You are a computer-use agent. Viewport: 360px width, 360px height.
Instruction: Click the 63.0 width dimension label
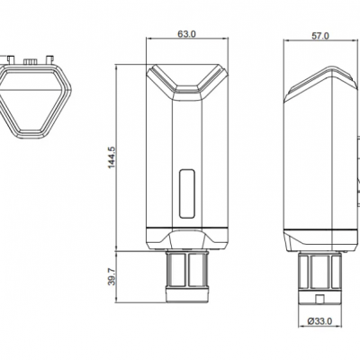186,34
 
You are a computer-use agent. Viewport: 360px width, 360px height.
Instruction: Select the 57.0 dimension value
320,36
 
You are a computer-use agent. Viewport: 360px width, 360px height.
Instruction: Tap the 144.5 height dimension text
112,157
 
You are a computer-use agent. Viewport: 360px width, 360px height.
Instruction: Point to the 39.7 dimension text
112,277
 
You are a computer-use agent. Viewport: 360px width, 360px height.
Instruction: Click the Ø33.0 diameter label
319,321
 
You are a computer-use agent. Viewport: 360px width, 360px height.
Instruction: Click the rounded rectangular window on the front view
186,193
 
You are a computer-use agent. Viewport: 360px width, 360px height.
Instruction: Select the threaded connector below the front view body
186,274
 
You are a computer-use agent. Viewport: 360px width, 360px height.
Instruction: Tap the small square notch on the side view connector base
320,299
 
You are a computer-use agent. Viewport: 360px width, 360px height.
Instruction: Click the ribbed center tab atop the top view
30,62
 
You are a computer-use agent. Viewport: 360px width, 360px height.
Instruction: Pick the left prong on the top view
11,59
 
